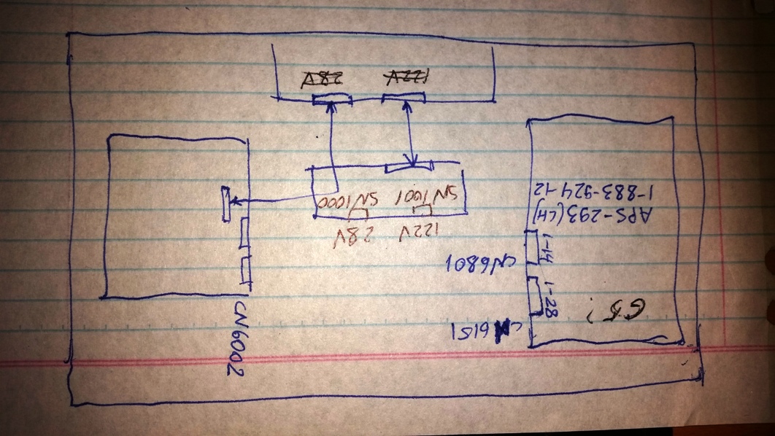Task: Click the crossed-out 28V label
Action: point(323,79)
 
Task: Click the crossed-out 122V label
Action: point(406,77)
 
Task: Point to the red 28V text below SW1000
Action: point(351,235)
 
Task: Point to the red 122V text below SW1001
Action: point(420,235)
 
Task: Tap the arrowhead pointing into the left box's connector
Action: point(234,203)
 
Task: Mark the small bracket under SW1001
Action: point(423,211)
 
